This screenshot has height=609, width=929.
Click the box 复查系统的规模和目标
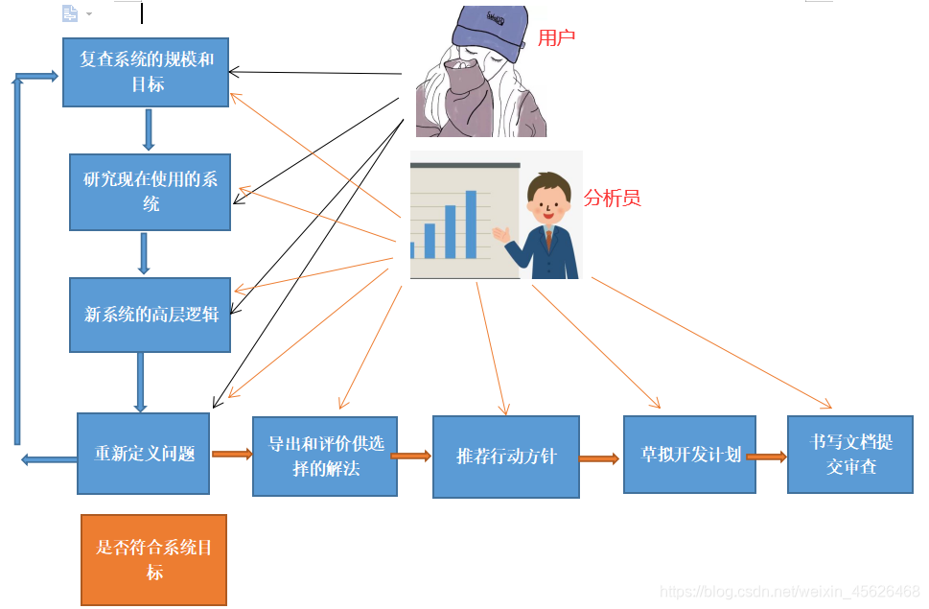point(146,72)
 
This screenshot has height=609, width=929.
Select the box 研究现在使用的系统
point(151,192)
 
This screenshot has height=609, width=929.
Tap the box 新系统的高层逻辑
point(151,315)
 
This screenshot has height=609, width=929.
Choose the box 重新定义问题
point(143,454)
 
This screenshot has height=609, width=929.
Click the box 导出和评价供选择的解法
point(324,456)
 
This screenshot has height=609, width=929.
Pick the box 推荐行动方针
point(505,457)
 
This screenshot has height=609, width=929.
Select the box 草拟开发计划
point(689,455)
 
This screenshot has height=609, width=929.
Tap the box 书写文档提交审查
point(849,455)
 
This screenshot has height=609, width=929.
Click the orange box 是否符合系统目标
point(154,560)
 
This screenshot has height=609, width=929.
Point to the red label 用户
point(556,38)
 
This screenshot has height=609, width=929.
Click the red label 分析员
point(612,199)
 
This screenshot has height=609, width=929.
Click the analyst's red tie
point(548,240)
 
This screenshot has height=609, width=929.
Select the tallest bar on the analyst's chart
point(471,224)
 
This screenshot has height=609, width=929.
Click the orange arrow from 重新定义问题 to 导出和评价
point(231,453)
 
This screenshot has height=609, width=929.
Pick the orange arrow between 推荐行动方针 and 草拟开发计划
point(600,458)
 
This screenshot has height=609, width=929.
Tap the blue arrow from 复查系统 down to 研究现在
point(148,129)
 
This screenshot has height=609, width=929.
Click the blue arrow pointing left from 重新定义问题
point(49,460)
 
